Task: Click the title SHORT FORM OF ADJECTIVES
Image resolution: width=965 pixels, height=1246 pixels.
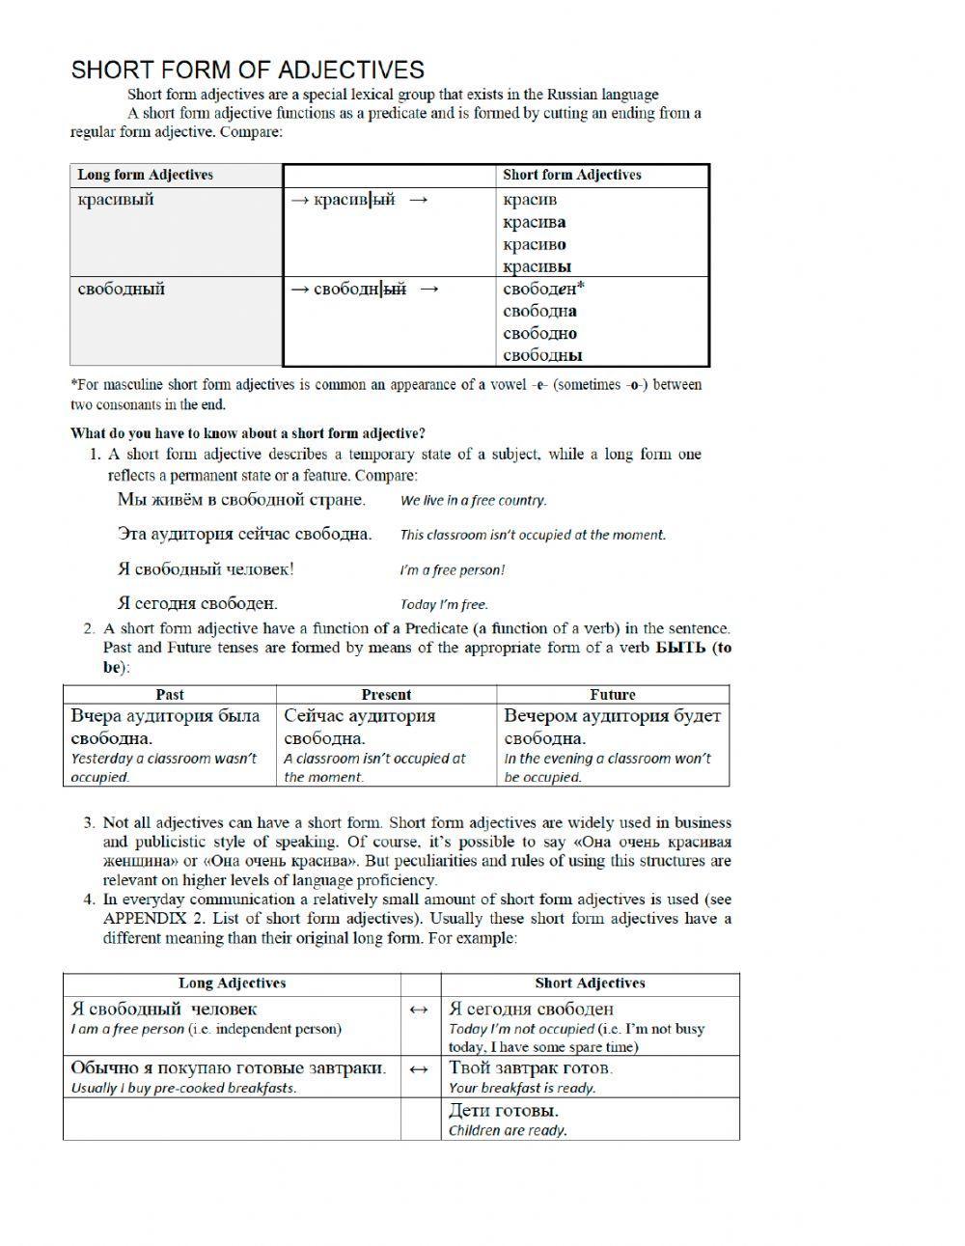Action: [247, 69]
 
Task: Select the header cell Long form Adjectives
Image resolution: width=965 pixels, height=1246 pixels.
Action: [145, 175]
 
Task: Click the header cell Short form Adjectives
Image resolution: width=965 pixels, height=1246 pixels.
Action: [571, 175]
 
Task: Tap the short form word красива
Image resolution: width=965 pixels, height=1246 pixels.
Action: [534, 222]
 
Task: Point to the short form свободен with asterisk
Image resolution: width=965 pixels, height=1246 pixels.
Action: [543, 289]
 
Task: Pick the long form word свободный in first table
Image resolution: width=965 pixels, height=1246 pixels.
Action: [121, 289]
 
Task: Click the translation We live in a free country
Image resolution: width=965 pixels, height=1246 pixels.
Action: [473, 501]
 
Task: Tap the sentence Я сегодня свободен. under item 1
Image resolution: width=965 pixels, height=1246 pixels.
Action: [197, 603]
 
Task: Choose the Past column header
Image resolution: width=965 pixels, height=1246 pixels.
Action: [170, 694]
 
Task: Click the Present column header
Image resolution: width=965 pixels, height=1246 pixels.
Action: [386, 694]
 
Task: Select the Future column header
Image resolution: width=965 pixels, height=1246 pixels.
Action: [613, 694]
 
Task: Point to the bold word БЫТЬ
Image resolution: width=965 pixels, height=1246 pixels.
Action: [680, 648]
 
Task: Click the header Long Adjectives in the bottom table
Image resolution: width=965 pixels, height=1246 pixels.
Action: [232, 983]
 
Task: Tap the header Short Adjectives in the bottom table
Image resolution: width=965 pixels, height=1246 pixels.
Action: [590, 983]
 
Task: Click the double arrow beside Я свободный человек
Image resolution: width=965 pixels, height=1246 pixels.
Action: [419, 1010]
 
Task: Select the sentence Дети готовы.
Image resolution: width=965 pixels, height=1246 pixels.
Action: [503, 1110]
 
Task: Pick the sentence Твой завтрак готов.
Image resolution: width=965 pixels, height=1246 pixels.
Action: [530, 1067]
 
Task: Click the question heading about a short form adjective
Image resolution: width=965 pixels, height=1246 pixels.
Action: [248, 433]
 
